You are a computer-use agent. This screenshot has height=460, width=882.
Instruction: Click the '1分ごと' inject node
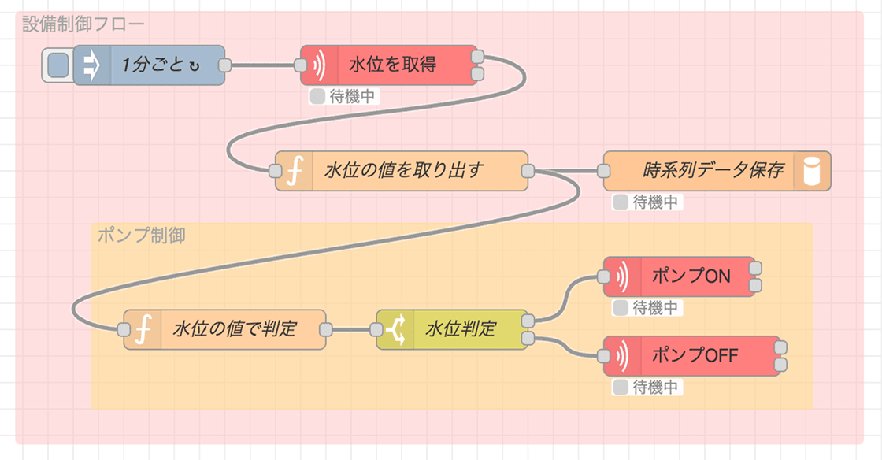149,65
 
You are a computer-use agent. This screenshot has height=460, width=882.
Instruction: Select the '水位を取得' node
389,65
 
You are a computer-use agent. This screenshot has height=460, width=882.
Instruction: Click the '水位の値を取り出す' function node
402,171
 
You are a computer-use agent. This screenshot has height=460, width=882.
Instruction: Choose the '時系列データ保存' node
717,171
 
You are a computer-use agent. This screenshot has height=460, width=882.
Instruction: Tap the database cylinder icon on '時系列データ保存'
812,171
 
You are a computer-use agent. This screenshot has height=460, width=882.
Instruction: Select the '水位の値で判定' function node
224,329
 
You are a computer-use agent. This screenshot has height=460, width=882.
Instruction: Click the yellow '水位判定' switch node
452,329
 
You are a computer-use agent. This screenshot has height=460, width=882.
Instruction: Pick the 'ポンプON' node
679,276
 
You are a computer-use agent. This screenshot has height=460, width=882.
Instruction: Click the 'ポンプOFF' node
692,356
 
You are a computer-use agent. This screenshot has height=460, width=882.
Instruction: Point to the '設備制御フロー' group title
83,24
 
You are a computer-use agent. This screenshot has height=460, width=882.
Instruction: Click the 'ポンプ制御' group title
141,235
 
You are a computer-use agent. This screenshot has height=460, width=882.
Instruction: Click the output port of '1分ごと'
225,65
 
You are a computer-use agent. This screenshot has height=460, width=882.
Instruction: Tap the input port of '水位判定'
376,329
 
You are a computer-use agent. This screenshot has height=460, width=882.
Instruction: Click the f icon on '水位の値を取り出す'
295,171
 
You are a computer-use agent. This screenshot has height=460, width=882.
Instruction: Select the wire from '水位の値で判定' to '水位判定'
351,329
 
